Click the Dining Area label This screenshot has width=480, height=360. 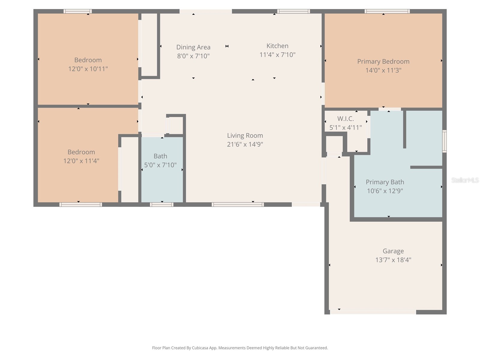(193, 47)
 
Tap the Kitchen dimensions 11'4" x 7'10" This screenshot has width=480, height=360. (277, 55)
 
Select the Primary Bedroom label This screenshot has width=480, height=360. (383, 61)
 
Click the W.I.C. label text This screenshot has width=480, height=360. (345, 118)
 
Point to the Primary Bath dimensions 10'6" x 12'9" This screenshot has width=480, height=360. (385, 191)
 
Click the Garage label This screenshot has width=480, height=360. (393, 251)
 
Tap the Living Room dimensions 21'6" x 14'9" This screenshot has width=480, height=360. (245, 144)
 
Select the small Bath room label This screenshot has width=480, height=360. (160, 156)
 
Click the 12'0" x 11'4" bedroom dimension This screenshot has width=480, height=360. (81, 161)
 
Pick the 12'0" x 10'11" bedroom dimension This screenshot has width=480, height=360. (88, 69)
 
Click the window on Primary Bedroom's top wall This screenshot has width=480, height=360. (387, 11)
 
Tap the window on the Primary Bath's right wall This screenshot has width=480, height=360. (444, 141)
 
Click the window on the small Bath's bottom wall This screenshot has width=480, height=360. (162, 205)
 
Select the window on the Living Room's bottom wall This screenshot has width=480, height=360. (238, 205)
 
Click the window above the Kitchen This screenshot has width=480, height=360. (293, 11)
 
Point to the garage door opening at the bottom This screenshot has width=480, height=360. (373, 312)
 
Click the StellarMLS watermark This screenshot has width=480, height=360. (465, 180)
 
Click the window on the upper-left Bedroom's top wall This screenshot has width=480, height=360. (78, 11)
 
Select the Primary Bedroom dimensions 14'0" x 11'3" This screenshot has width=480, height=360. (383, 70)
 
